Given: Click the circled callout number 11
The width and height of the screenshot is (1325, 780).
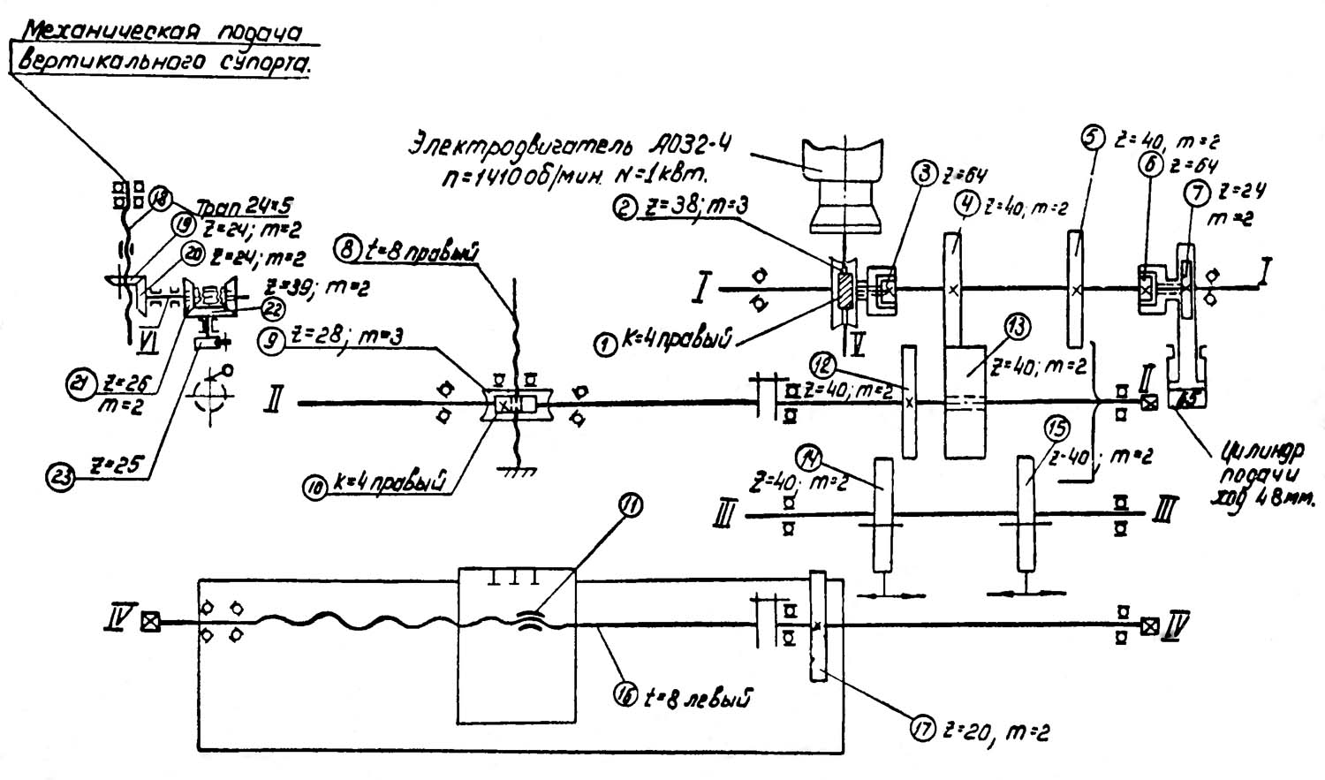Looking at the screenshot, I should [631, 506].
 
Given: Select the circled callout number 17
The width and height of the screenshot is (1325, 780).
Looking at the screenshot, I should [924, 731].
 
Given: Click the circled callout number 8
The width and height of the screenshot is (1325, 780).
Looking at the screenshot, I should [347, 249].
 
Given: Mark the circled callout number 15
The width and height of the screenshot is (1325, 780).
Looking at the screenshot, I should [1056, 430].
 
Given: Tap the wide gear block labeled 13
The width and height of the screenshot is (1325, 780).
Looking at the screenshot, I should [965, 402].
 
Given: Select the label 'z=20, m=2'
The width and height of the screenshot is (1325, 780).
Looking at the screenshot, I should [997, 731].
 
